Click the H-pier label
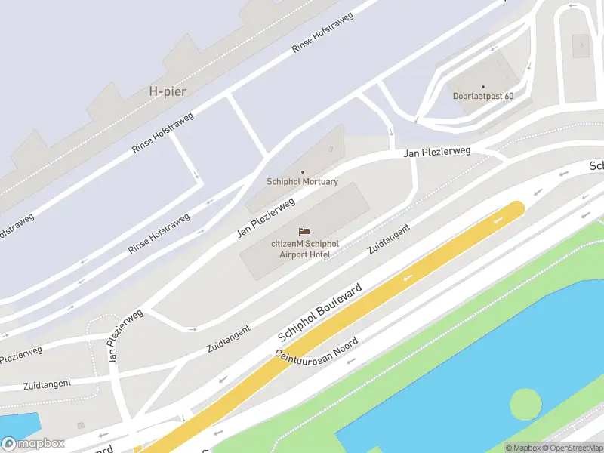pos(168,91)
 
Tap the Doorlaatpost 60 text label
pos(483,96)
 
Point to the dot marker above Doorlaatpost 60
pos(483,86)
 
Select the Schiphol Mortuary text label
pos(303,182)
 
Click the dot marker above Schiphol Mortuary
pos(303,172)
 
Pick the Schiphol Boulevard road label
pos(320,313)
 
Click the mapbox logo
pos(33,444)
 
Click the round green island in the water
pos(525,405)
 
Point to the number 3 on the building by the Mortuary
pos(331,149)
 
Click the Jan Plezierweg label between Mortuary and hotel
pos(265,218)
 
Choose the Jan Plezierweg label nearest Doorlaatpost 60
pos(437,152)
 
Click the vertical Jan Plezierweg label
pos(125,337)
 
